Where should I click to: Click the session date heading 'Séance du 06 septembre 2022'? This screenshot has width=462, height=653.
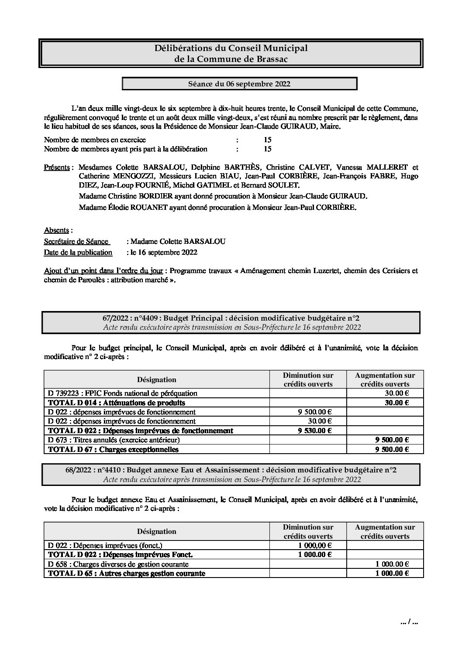coord(239,84)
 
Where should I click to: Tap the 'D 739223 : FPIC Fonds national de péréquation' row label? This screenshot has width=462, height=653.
coord(122,393)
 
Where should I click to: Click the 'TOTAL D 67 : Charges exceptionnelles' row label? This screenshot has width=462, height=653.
coord(113,449)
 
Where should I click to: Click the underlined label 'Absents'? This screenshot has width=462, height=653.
coord(57,230)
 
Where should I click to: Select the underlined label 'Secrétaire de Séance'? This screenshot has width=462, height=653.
coord(76,241)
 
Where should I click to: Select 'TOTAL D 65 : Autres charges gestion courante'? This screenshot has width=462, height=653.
coord(126,573)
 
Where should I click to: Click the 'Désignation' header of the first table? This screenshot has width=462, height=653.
coord(156,380)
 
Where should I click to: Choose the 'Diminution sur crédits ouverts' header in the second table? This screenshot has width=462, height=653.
coord(308,532)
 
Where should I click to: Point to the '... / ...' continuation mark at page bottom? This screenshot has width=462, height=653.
coord(409,623)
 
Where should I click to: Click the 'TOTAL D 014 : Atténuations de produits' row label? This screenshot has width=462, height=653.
coord(116,403)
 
